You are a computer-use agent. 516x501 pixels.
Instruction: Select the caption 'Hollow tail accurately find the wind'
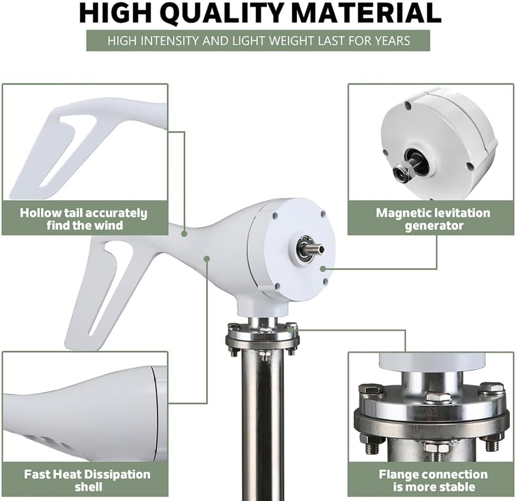(x=84, y=219)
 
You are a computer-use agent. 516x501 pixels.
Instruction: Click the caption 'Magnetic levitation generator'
(x=433, y=219)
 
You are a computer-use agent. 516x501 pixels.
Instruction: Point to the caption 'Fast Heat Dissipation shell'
(x=87, y=481)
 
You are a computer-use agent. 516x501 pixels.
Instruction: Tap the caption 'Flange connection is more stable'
(x=433, y=481)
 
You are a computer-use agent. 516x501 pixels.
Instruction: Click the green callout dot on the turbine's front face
(x=323, y=269)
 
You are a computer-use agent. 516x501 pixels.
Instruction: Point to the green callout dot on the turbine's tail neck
(x=184, y=234)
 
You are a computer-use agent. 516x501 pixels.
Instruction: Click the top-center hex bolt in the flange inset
(x=438, y=398)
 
